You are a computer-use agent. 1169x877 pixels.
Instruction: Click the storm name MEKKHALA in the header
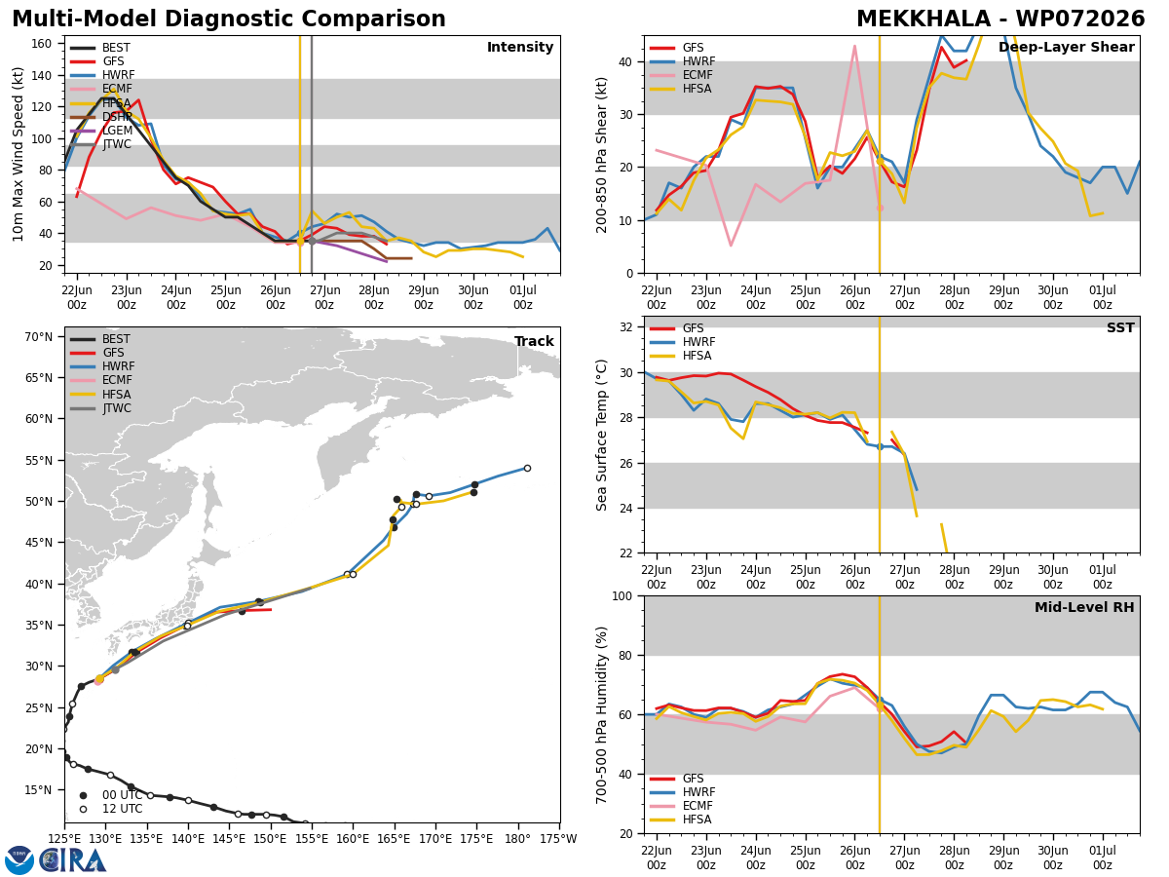(924, 19)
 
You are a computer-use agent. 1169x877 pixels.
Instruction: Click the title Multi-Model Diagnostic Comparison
(229, 19)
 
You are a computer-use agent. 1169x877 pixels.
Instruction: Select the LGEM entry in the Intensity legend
(117, 131)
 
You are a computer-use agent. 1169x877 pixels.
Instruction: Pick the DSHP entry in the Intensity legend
(117, 117)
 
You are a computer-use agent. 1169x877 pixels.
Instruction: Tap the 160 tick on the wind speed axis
(41, 44)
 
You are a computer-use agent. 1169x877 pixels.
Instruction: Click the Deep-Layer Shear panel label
(1066, 48)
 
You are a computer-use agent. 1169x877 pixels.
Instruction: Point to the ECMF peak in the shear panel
(854, 47)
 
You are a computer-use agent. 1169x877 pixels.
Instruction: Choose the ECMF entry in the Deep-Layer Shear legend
(698, 75)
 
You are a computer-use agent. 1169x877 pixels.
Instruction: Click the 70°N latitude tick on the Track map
(38, 337)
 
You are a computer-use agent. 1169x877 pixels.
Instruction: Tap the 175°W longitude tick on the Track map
(559, 839)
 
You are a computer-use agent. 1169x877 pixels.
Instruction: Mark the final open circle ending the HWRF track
(527, 469)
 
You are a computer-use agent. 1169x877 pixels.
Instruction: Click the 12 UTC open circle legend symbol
(83, 810)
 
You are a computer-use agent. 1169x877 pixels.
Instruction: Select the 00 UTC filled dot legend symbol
(83, 795)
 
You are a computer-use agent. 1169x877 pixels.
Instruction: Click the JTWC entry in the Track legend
(117, 408)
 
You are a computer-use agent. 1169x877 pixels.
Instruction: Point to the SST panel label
(1120, 328)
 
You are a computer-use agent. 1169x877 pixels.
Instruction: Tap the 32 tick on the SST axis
(626, 327)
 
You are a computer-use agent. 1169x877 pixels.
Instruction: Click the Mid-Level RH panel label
(1084, 607)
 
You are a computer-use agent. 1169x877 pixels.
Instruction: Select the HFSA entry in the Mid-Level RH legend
(698, 820)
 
